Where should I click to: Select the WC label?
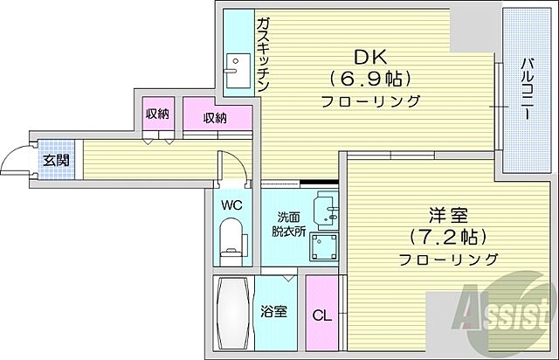pyautogui.click(x=231, y=204)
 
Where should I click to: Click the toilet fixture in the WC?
pyautogui.click(x=232, y=239)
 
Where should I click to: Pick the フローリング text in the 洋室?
pyautogui.click(x=448, y=259)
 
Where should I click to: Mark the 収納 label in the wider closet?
pyautogui.click(x=215, y=118)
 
